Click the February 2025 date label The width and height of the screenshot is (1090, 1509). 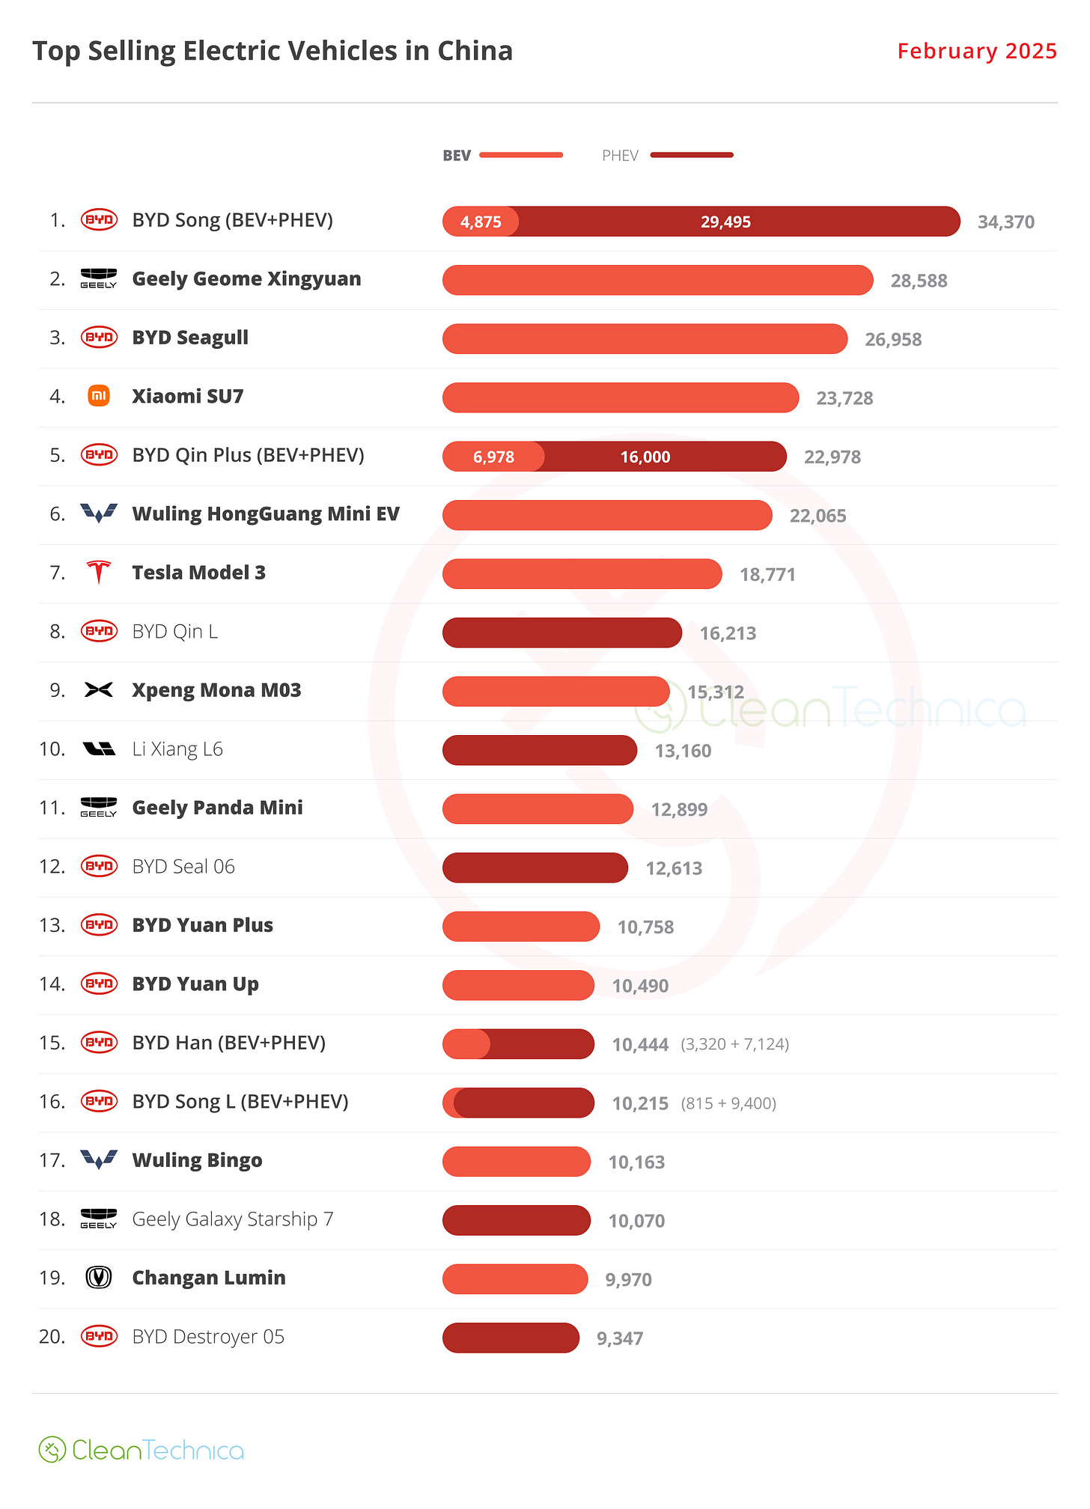pyautogui.click(x=976, y=51)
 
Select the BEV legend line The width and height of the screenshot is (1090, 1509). pyautogui.click(x=521, y=155)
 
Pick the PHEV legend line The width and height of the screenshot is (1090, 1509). pyautogui.click(x=692, y=155)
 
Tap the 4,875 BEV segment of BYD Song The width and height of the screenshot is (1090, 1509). pyautogui.click(x=481, y=222)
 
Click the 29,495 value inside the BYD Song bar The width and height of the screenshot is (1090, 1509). pyautogui.click(x=725, y=222)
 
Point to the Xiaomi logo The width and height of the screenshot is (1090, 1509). pyautogui.click(x=99, y=396)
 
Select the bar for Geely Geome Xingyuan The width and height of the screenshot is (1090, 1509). pyautogui.click(x=657, y=280)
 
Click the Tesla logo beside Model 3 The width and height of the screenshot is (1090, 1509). pyautogui.click(x=99, y=573)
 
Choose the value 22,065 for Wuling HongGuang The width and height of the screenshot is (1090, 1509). pyautogui.click(x=817, y=516)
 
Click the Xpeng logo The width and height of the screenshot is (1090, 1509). pyautogui.click(x=99, y=690)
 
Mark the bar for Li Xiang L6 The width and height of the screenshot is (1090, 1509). pyautogui.click(x=539, y=750)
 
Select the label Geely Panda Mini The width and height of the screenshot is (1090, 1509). pyautogui.click(x=217, y=808)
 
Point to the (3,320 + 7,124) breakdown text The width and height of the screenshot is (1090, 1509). pyautogui.click(x=734, y=1044)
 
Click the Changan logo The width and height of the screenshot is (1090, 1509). pyautogui.click(x=99, y=1278)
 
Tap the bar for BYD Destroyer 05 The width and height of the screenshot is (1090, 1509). pyautogui.click(x=511, y=1338)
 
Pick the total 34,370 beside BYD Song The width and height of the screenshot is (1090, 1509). pyautogui.click(x=1005, y=222)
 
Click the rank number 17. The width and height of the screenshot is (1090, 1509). pyautogui.click(x=52, y=1160)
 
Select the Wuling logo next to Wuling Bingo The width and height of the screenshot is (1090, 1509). pyautogui.click(x=99, y=1160)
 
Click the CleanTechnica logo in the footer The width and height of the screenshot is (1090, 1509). pyautogui.click(x=141, y=1450)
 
